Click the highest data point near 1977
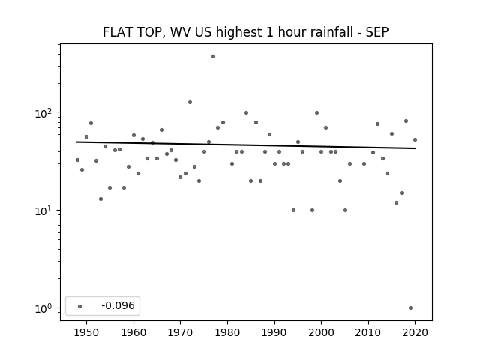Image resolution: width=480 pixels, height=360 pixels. pos(213,57)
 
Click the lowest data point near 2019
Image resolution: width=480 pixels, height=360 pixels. pos(410,308)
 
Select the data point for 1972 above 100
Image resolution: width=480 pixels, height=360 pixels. pos(190,102)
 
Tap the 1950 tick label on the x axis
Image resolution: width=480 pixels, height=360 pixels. pos(87,332)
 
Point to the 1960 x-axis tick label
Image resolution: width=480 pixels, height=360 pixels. pos(133,332)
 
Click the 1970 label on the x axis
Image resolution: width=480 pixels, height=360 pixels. pos(181,332)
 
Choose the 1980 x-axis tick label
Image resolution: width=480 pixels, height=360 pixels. pos(227,332)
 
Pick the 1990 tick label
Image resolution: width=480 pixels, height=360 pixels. pos(274,332)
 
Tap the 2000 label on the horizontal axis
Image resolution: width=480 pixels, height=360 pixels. pos(322,332)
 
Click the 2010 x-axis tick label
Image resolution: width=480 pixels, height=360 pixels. pos(368,332)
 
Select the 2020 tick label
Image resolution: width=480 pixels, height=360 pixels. pos(415,332)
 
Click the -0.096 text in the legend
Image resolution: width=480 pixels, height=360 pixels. pos(118,305)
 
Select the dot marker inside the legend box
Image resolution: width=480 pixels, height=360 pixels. pos(80,306)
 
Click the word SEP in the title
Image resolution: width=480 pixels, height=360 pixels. pos(377,32)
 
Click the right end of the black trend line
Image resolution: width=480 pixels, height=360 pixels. pos(415,148)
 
